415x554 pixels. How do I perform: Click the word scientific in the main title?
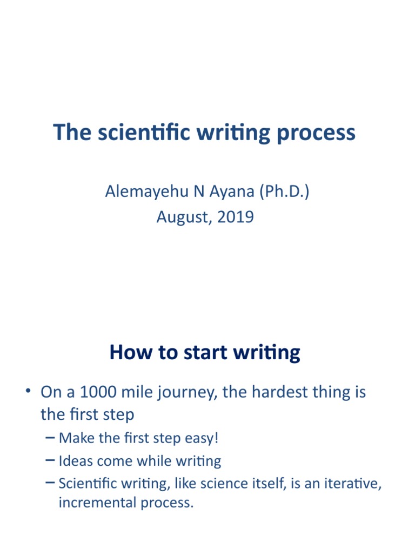click(x=137, y=133)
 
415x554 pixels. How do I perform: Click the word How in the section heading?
click(x=128, y=353)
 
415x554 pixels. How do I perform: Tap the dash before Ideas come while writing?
click(x=50, y=461)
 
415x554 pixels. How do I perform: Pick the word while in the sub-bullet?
click(x=160, y=461)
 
